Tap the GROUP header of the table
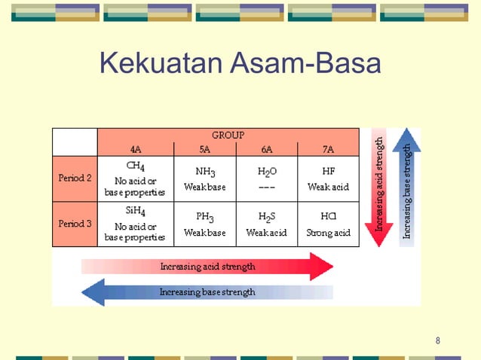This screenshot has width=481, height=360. coord(228,135)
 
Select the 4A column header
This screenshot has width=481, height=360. coord(136,149)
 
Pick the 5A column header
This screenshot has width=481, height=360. coord(205,149)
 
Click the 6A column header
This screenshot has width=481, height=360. coord(267,149)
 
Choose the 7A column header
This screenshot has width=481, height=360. coord(329,149)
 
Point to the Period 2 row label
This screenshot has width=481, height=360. coord(75,178)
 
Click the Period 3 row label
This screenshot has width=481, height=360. coord(75,224)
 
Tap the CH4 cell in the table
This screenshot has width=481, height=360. coord(136,178)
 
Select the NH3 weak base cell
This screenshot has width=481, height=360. coord(205,178)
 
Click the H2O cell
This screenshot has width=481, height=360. coord(267,178)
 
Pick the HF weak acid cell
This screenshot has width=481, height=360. coord(329,178)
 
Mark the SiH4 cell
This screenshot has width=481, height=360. coord(136,224)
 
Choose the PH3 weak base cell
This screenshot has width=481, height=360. coord(205,224)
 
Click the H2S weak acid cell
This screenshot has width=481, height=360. coord(267,224)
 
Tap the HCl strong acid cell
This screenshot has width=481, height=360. coord(329,224)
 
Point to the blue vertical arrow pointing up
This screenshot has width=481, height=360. coord(407,188)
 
